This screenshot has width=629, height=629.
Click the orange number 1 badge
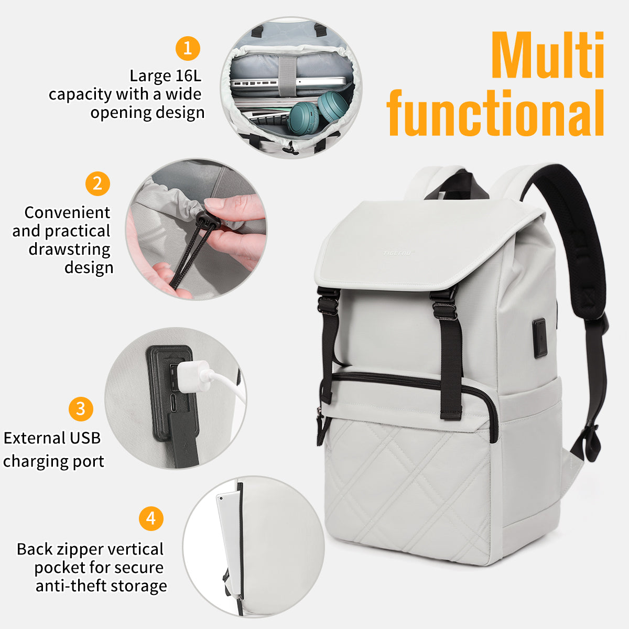[x=188, y=48]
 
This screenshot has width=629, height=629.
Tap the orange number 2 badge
[x=97, y=183]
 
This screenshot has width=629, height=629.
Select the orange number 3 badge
[x=81, y=409]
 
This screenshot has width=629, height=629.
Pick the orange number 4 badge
[x=151, y=518]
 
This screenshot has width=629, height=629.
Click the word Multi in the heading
[x=548, y=55]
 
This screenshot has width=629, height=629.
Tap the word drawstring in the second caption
[x=70, y=250]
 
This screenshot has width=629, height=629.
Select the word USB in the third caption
[x=85, y=438]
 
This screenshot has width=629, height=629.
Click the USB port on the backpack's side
[x=539, y=338]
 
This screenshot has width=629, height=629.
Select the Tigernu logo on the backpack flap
[x=398, y=253]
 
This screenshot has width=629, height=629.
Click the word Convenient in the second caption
[x=67, y=212]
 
